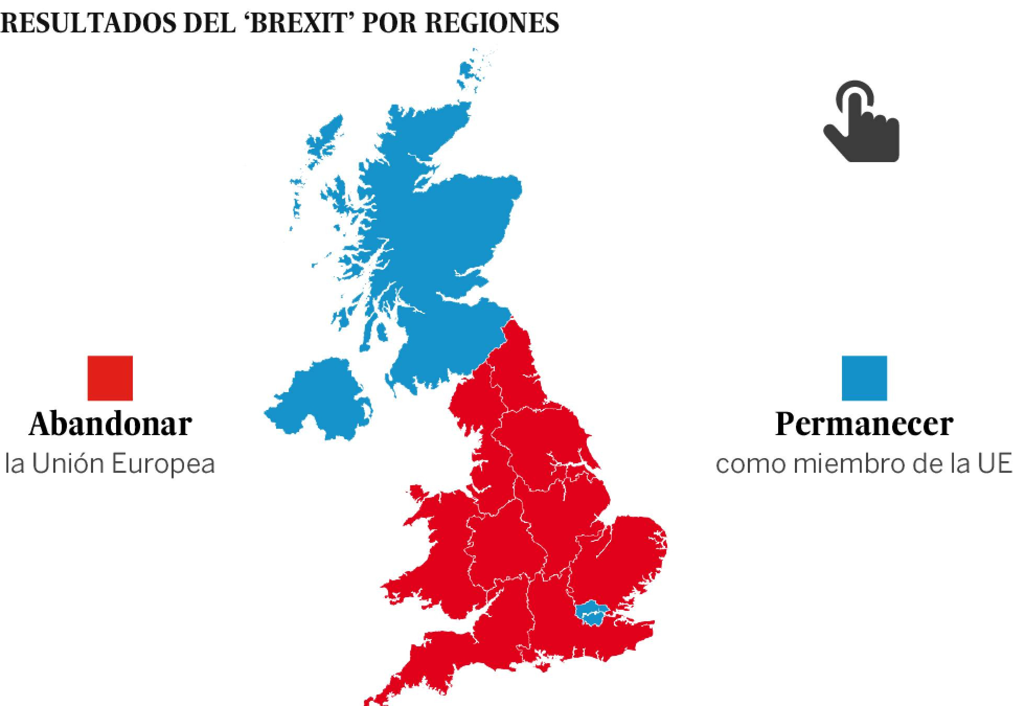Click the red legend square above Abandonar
point(110,378)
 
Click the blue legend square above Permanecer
point(864,378)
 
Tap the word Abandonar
point(110,424)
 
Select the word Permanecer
point(864,424)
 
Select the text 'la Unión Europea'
point(110,464)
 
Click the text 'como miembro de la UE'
point(864,464)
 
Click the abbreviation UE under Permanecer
point(996,464)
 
